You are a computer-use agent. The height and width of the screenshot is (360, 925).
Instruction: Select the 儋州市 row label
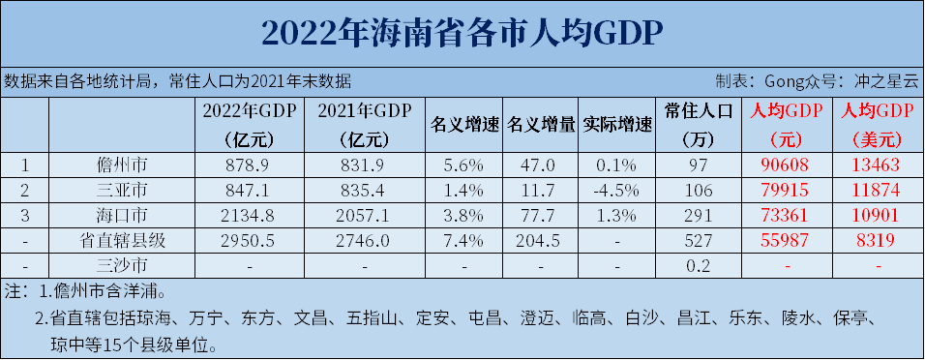(121, 165)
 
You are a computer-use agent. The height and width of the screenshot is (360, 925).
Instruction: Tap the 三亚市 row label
(121, 187)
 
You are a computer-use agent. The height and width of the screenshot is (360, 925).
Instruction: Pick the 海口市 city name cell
(121, 210)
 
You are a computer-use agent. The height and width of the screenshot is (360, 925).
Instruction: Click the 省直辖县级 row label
(121, 239)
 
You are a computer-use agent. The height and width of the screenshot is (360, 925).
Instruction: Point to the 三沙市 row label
(121, 264)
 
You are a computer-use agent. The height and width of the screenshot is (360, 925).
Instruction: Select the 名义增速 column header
(463, 124)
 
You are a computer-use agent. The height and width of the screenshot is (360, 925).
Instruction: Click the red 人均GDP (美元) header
(878, 124)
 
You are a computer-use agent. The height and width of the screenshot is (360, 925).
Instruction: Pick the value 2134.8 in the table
(251, 211)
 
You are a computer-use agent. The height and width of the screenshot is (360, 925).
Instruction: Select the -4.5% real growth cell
(617, 188)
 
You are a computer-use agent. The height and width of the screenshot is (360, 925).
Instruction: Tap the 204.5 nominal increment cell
(541, 239)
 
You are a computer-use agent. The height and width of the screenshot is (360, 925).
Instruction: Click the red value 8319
(878, 239)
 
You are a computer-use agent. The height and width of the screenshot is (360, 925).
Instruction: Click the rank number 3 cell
(26, 211)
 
